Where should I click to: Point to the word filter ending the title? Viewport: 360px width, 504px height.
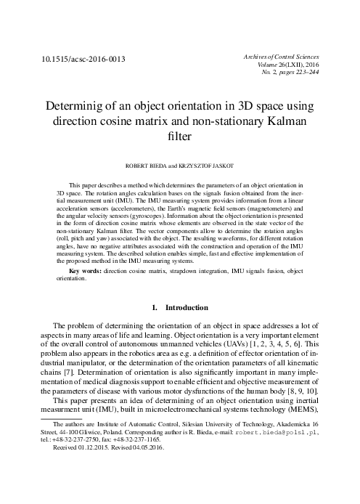(179, 134)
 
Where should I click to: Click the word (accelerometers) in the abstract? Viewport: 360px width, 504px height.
(141, 210)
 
